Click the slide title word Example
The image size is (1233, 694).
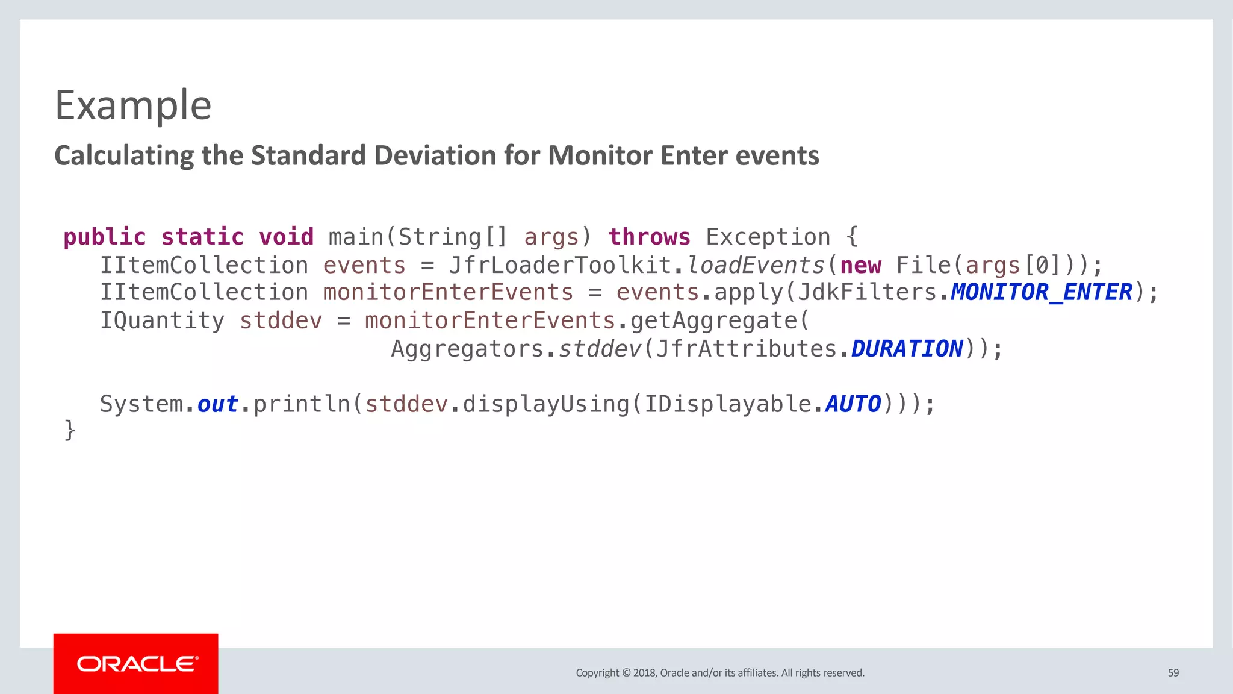(x=133, y=105)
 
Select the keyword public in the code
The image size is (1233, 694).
(x=105, y=237)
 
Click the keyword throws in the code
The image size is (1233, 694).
(x=649, y=237)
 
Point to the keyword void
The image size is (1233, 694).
(x=287, y=237)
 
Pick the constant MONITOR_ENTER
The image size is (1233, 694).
(x=1041, y=293)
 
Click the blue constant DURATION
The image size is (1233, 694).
(x=907, y=349)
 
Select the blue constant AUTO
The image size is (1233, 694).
(x=853, y=404)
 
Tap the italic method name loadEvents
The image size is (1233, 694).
(x=756, y=265)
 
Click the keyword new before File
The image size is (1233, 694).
(x=860, y=265)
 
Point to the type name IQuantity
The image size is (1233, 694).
(x=162, y=320)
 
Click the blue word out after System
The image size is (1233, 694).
(x=217, y=404)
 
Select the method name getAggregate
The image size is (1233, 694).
(x=713, y=320)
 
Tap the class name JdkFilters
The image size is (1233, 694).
(x=867, y=293)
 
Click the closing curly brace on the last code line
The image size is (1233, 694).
(x=70, y=430)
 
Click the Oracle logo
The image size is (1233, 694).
(x=136, y=664)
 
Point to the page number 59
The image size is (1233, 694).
(x=1173, y=673)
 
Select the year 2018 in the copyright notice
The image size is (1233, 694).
(x=644, y=673)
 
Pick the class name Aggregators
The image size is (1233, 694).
(x=468, y=349)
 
